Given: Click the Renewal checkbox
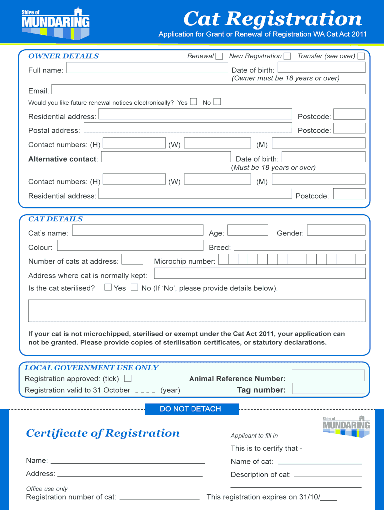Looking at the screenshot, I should (x=219, y=56).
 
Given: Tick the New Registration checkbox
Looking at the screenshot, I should (x=287, y=56).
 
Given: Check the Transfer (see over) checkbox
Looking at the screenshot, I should (x=361, y=56).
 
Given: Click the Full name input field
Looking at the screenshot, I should (x=143, y=68).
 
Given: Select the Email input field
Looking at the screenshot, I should (x=208, y=89).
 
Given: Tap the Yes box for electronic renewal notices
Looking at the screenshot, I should (x=193, y=102).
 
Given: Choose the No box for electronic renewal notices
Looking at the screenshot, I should (x=217, y=102).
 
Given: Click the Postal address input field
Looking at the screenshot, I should (x=187, y=128).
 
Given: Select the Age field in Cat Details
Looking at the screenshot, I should (x=248, y=230).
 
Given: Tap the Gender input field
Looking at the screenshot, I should (x=336, y=230).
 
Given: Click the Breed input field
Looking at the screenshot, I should (x=299, y=245).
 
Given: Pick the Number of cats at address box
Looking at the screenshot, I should (x=132, y=259).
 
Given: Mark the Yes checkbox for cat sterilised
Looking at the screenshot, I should (x=108, y=287).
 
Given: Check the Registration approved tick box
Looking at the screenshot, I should (x=128, y=378).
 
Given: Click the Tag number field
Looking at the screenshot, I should (x=328, y=389).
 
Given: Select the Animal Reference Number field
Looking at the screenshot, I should (x=328, y=376).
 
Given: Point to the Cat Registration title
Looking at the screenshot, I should (x=272, y=19).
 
